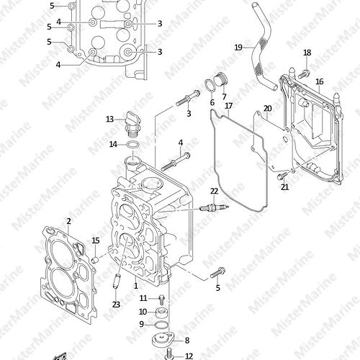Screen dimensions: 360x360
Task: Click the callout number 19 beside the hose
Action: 238,48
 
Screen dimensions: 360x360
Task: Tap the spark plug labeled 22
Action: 214,207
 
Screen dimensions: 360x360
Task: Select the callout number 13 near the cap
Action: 109,119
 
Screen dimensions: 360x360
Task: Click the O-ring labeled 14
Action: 133,145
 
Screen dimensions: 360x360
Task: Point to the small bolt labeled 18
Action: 303,74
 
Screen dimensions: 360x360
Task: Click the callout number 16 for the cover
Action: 319,81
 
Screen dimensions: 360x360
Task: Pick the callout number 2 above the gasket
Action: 69,221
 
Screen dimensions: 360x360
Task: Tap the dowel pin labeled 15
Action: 96,259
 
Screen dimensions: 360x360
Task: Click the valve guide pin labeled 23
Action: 117,281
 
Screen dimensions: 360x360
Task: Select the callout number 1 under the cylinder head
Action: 136,286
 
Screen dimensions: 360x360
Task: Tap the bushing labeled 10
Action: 161,312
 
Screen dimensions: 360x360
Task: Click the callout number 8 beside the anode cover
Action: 187,341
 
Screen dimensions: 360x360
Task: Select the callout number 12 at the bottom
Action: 189,356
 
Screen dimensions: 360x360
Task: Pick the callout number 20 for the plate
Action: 268,109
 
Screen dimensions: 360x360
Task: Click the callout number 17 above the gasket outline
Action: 229,106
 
